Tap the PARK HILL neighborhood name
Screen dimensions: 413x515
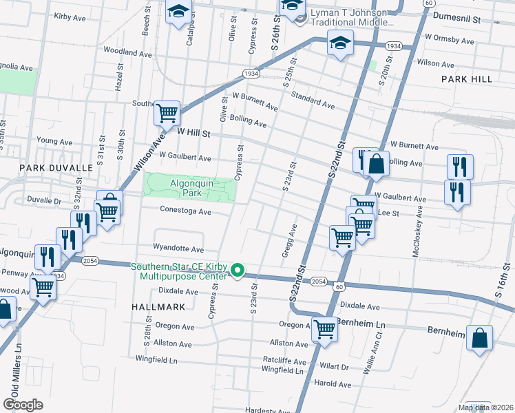coord(467,79)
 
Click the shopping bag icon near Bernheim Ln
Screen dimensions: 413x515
coord(480,339)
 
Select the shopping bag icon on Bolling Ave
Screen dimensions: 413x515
coord(376,165)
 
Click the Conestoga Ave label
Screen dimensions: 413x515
coord(185,211)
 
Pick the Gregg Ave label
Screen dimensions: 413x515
coord(288,241)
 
